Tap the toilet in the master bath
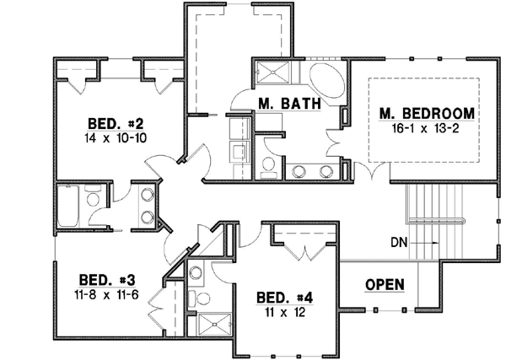(267, 164)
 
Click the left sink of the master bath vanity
(299, 171)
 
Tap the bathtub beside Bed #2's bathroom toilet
(68, 206)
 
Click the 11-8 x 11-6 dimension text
(105, 295)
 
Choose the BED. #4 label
(283, 297)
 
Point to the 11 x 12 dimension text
(283, 312)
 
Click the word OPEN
(385, 284)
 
